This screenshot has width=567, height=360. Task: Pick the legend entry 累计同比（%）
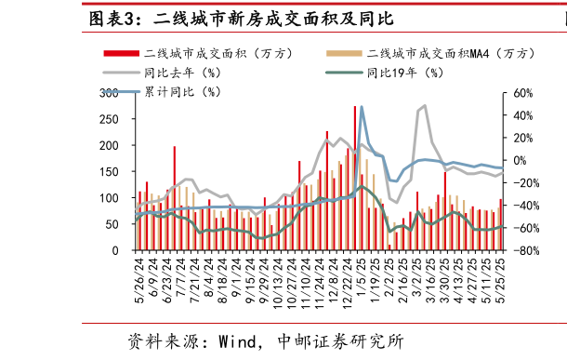[x=180, y=91]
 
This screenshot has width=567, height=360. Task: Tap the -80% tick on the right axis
[x=520, y=251]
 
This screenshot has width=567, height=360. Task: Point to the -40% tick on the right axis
[x=520, y=206]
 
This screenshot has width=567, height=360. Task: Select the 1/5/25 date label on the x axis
[x=361, y=278]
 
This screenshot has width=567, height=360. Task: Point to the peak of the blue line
[x=361, y=107]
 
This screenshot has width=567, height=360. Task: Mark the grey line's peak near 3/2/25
[x=424, y=105]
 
